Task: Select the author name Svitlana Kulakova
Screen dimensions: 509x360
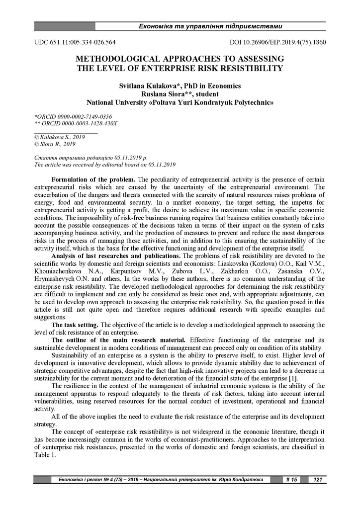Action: click(148, 85)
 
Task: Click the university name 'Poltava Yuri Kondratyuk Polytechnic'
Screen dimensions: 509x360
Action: click(207, 103)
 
